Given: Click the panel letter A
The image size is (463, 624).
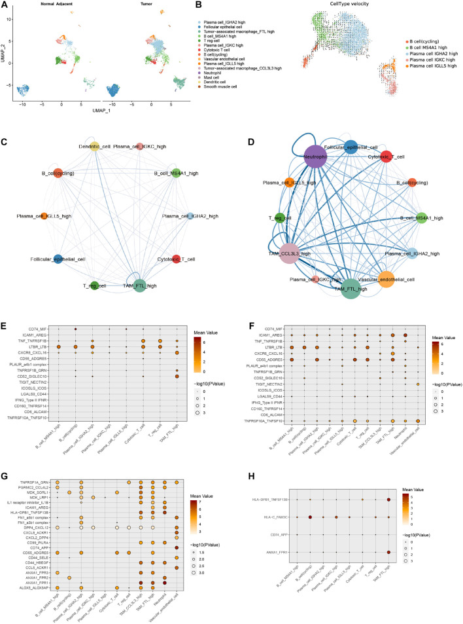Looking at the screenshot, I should coord(5,5).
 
